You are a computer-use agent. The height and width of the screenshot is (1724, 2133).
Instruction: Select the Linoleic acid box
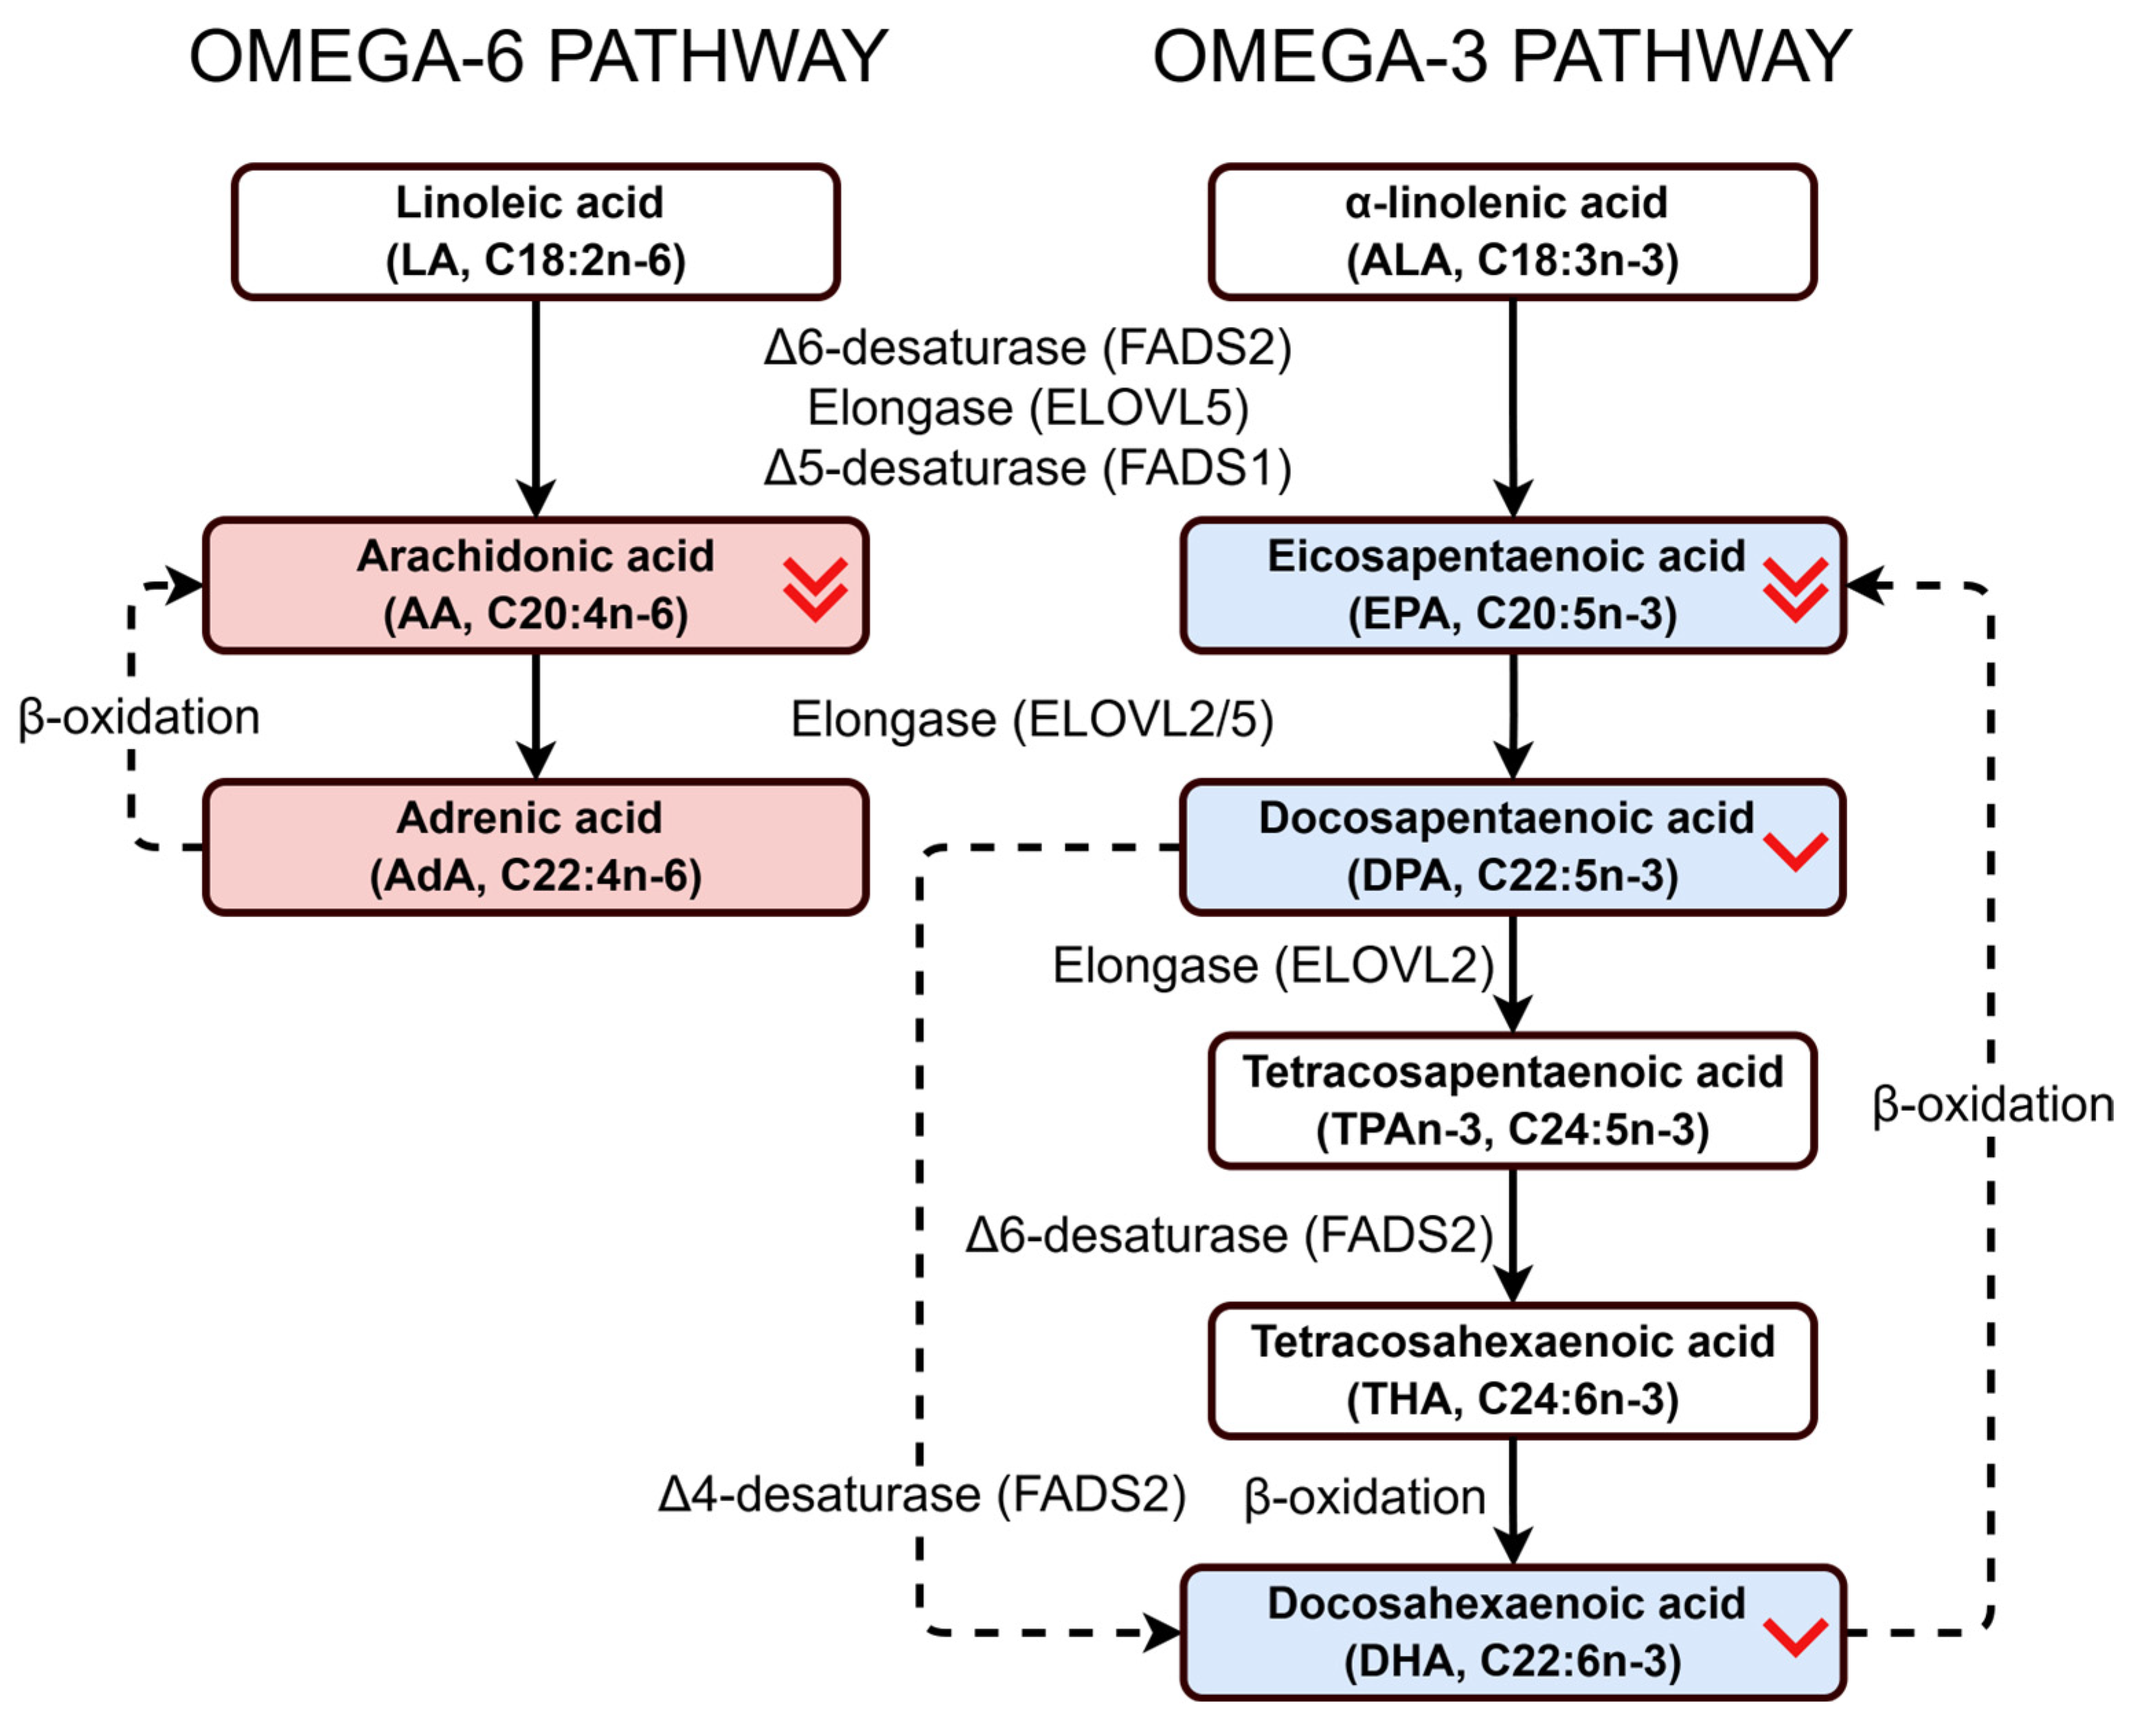click(x=535, y=232)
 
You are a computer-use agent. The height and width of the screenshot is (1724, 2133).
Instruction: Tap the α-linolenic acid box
click(x=1511, y=232)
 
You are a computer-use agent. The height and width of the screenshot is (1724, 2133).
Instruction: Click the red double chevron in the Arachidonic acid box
click(x=814, y=589)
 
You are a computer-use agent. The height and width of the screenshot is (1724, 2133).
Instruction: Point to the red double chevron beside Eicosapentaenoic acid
click(x=1794, y=589)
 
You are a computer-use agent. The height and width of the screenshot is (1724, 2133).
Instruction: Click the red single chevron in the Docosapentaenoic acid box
click(x=1794, y=850)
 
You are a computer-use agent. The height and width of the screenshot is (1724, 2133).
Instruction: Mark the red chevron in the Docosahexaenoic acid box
click(x=1794, y=1635)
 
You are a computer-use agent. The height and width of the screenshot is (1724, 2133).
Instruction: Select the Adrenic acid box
click(x=535, y=846)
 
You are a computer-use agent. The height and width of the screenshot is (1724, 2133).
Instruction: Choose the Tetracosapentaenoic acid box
click(x=1511, y=1100)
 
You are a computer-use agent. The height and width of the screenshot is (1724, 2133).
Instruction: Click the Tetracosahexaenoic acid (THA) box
click(x=1511, y=1370)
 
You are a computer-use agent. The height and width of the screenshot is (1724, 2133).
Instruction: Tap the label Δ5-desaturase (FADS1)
click(x=1028, y=468)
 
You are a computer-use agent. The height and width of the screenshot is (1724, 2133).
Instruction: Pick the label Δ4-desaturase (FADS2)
click(x=921, y=1494)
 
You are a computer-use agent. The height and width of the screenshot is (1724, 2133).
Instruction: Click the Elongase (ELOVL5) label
click(x=1028, y=408)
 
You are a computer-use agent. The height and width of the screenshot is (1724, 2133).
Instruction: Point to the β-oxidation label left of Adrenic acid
click(x=139, y=717)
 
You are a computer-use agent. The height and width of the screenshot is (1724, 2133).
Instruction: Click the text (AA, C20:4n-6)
click(x=535, y=614)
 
